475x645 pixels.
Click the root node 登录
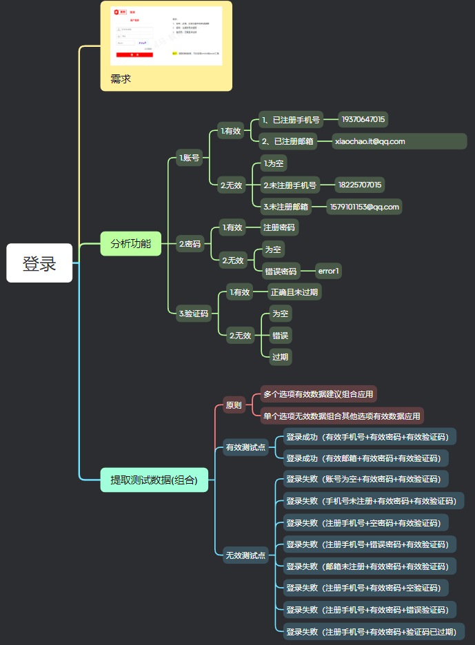tap(39, 263)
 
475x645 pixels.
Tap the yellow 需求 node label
tap(121, 79)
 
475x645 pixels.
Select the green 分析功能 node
tap(130, 244)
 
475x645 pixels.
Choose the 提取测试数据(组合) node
tap(154, 480)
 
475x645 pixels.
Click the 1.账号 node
tap(189, 158)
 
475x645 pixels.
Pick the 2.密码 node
tap(190, 244)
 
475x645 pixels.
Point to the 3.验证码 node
tap(193, 314)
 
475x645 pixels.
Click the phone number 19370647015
tap(363, 119)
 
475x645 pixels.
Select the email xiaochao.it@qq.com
tap(370, 141)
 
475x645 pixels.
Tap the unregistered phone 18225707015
tap(360, 185)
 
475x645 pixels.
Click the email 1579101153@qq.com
tap(363, 207)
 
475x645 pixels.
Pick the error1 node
tap(328, 272)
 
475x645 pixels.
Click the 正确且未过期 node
tap(294, 291)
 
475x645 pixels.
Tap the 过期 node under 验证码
tap(280, 357)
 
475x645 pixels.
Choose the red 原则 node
tap(234, 405)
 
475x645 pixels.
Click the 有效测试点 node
tap(246, 447)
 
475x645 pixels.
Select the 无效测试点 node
tap(246, 555)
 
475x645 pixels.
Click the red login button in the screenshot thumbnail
tap(134, 54)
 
